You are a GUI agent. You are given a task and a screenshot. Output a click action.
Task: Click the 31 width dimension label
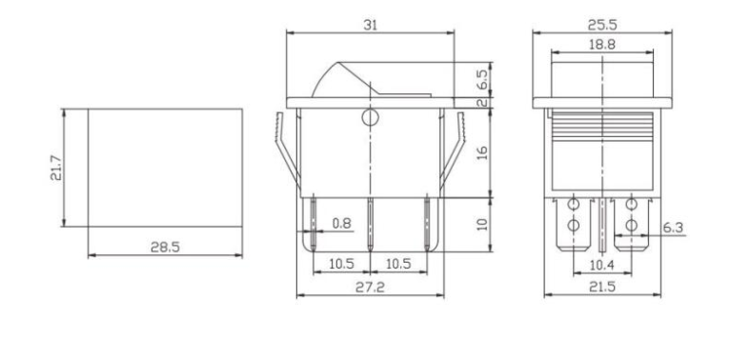coord(370,25)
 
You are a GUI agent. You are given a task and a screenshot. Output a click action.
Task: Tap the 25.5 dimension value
coord(602,25)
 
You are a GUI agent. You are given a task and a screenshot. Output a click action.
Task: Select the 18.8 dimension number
coord(602,44)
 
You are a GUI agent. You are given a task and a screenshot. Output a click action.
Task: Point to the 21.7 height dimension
coord(56,168)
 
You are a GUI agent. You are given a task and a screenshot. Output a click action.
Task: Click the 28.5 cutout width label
coord(165,247)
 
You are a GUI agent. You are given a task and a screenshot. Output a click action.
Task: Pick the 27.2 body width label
coord(370,287)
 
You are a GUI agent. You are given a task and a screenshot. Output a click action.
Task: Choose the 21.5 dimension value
coord(602,287)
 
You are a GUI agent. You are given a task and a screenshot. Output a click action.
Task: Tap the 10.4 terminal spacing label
coord(602,265)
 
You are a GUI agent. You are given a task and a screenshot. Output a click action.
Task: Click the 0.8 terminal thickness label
coord(342,223)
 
